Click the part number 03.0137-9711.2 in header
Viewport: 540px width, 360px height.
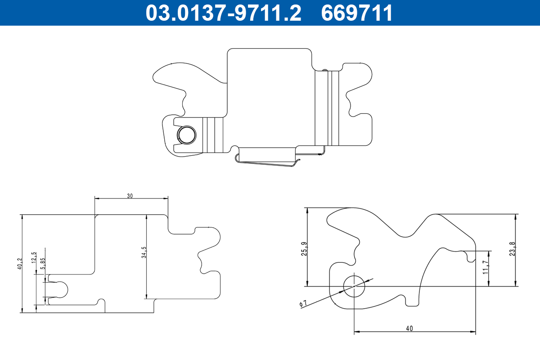[224, 13]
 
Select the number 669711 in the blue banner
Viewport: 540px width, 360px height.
[357, 13]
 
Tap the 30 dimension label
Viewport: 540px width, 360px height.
[130, 196]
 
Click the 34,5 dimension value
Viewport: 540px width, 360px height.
[144, 252]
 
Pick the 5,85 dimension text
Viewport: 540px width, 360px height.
[43, 264]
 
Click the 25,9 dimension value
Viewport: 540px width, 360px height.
[304, 249]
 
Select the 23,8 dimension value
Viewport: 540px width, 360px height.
[512, 249]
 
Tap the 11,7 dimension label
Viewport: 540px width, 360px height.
[486, 267]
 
